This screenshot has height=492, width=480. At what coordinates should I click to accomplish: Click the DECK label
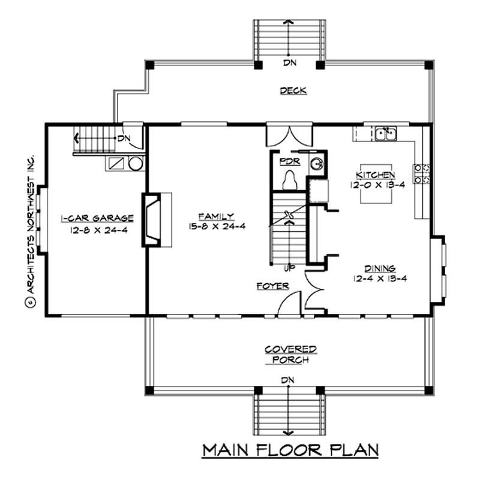[293, 91]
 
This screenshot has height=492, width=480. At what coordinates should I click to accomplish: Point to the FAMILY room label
[217, 216]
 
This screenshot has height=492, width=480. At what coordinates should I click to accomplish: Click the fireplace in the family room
[151, 220]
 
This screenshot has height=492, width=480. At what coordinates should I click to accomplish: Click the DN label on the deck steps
[290, 62]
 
